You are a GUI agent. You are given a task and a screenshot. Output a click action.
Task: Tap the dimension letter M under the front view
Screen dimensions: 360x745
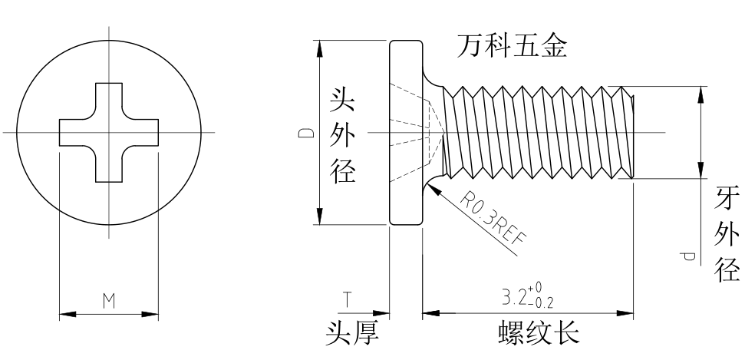point(109,302)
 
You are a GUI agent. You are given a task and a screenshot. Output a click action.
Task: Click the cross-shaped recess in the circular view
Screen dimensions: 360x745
point(109,133)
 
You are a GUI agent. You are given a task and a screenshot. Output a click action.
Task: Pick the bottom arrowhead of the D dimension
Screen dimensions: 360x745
point(317,220)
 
